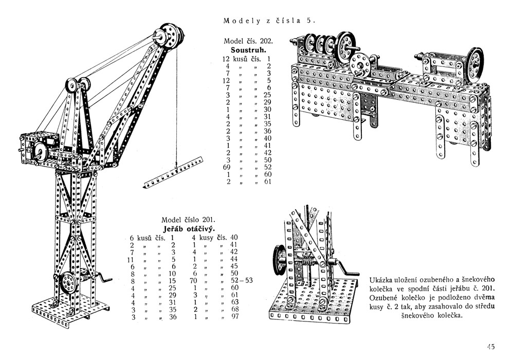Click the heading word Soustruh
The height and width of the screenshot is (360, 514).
(x=248, y=50)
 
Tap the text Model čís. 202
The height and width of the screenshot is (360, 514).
(x=248, y=41)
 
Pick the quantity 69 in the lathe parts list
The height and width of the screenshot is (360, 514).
(x=227, y=167)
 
